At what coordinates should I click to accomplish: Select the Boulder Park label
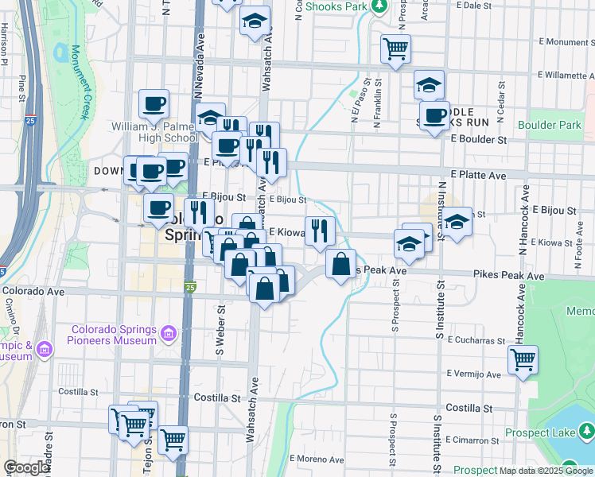coord(550,125)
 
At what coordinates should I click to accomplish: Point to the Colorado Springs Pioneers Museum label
coord(114,335)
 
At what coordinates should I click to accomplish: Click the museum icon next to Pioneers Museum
coord(168,335)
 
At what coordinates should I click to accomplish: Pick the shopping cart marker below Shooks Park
coord(395,48)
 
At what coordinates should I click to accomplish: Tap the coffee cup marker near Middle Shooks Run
coord(434,116)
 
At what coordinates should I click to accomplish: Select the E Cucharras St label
coord(476,339)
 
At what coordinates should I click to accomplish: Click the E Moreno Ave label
coord(315,459)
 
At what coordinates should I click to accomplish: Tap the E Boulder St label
coord(478,138)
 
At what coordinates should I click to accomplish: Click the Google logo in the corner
coord(26,468)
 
